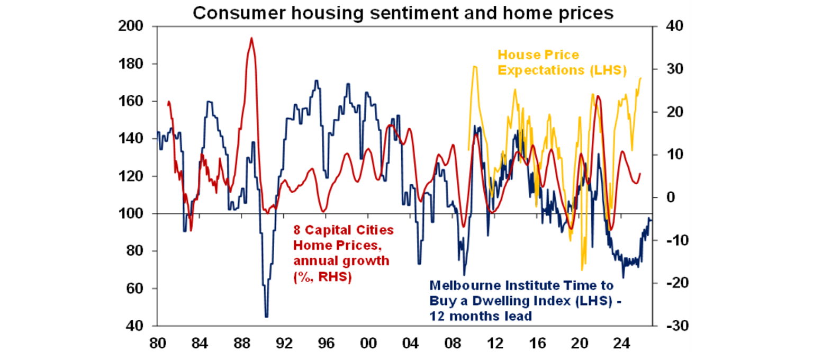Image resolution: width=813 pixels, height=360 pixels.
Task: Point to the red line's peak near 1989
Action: pos(251,38)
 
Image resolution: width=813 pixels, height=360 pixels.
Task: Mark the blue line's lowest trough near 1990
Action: pos(266,317)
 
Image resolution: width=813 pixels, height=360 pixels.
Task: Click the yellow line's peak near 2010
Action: pos(475,67)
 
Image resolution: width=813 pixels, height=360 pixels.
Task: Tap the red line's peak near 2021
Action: pos(598,96)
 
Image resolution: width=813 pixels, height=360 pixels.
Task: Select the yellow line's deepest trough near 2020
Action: pos(582,270)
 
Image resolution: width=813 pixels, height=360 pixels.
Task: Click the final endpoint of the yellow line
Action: pos(641,78)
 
